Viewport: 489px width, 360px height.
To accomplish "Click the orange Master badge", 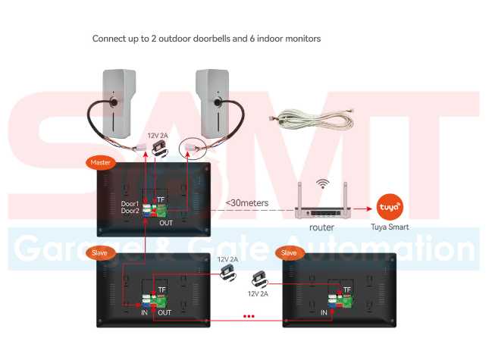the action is tap(100, 162).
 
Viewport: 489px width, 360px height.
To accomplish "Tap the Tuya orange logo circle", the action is tap(390, 207).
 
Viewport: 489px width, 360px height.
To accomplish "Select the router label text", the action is tap(321, 227).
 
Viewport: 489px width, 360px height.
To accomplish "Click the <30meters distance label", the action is tap(247, 203).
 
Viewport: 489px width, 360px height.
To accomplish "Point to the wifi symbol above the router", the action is tap(322, 183).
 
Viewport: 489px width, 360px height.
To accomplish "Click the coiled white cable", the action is tap(312, 119).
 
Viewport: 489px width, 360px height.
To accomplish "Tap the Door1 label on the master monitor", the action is tap(130, 204).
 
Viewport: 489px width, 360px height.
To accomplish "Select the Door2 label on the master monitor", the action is tap(130, 211).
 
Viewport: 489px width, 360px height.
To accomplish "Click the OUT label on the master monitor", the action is tap(165, 223).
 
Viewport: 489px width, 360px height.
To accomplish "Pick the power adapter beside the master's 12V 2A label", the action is tap(160, 149).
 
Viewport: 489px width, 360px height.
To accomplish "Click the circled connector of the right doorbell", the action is tap(193, 149).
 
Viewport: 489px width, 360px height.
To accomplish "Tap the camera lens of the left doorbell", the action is tap(114, 102).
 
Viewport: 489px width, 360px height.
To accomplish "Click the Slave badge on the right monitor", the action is tap(290, 253).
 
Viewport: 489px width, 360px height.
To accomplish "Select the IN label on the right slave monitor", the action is tap(324, 312).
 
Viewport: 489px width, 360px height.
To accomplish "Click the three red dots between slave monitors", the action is tap(249, 316).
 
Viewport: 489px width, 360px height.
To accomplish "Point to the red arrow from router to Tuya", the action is tap(362, 208).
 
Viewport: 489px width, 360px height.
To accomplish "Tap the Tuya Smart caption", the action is tap(390, 227).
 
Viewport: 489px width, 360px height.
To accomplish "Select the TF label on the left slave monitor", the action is tap(161, 290).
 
